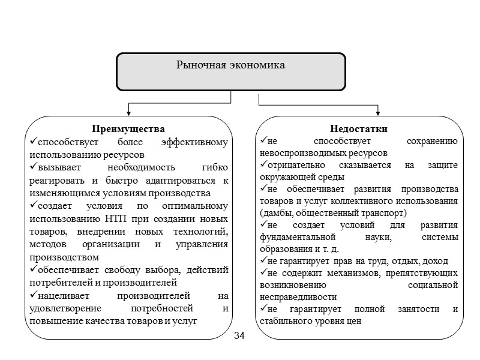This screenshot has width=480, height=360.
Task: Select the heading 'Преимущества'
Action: pyautogui.click(x=128, y=129)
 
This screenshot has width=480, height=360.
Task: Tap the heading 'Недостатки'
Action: pyautogui.click(x=359, y=129)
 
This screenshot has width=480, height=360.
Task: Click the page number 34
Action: pyautogui.click(x=240, y=334)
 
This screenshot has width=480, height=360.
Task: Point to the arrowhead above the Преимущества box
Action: pyautogui.click(x=128, y=112)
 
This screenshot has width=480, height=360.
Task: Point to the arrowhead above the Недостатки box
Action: pyautogui.click(x=378, y=112)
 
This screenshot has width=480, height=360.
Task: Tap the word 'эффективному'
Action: pyautogui.click(x=196, y=143)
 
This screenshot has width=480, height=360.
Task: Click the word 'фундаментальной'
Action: pyautogui.click(x=292, y=237)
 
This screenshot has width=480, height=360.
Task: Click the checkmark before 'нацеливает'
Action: pyautogui.click(x=33, y=296)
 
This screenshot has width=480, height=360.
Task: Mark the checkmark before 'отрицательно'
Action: pyautogui.click(x=263, y=165)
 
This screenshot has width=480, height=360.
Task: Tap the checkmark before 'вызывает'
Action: pyautogui.click(x=33, y=168)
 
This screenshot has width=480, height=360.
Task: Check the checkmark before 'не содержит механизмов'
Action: pyautogui.click(x=263, y=273)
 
